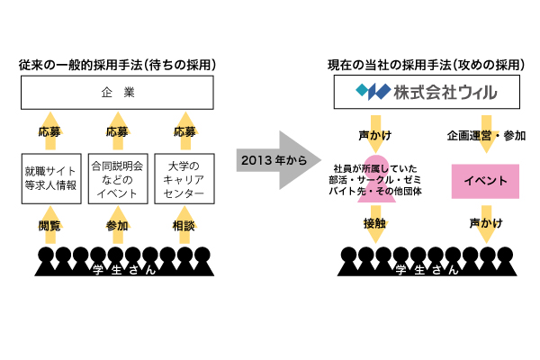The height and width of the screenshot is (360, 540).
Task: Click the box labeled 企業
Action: click(117, 93)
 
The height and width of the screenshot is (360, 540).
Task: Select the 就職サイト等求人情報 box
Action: click(50, 178)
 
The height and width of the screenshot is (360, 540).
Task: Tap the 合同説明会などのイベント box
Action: click(117, 178)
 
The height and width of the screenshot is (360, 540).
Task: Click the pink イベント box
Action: click(485, 181)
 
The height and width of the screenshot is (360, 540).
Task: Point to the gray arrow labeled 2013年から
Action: click(271, 161)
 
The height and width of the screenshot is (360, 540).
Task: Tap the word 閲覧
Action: click(50, 225)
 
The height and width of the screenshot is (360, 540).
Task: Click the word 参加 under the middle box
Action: click(117, 225)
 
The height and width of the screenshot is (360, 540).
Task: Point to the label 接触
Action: click(375, 223)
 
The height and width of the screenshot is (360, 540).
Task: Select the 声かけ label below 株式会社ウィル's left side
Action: click(375, 136)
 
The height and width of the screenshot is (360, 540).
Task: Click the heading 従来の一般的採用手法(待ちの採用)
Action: click(117, 66)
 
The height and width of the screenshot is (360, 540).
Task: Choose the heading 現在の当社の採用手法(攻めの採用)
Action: click(425, 66)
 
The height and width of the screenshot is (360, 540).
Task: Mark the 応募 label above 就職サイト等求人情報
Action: click(50, 131)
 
